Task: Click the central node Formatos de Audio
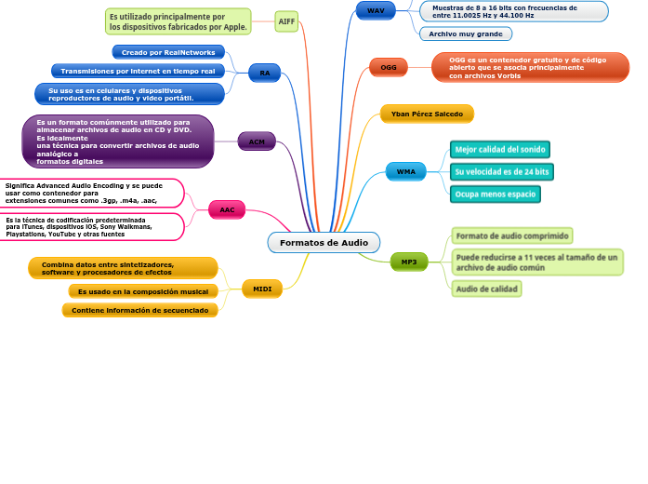pos(324,243)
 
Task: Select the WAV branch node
pos(376,10)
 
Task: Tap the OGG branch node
pos(389,67)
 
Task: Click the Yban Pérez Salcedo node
pos(427,114)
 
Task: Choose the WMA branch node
pos(406,171)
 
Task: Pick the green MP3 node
pos(409,262)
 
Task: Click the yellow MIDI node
pos(262,289)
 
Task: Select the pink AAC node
pos(227,210)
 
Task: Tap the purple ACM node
pos(257,141)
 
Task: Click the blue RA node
pos(265,73)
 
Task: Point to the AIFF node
pos(287,20)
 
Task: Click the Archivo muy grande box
pos(465,34)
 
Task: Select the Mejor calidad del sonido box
pos(500,150)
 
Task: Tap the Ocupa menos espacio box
pos(496,195)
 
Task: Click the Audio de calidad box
pos(487,289)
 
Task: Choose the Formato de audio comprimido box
pos(512,235)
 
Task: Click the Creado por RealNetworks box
pos(168,52)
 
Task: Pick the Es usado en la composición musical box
pos(143,291)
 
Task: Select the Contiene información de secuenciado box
pos(140,310)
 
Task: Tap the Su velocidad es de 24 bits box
pos(501,172)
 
